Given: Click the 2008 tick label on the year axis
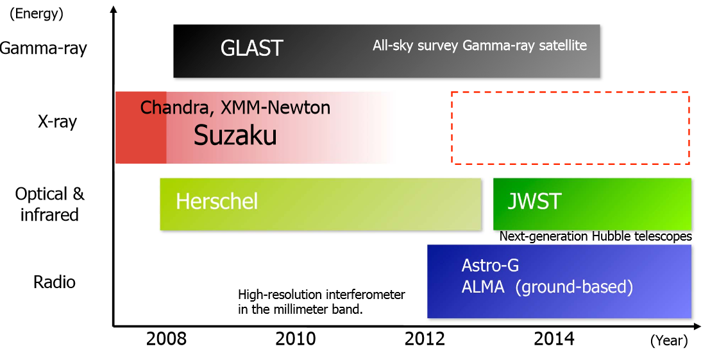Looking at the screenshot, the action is (165, 339).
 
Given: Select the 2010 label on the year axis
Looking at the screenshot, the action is (295, 339).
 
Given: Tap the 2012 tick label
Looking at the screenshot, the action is (425, 339).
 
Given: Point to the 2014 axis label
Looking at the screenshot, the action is (554, 339).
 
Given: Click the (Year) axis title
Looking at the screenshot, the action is (669, 341).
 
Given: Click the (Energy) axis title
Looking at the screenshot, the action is (36, 13).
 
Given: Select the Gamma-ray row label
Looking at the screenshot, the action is (44, 49).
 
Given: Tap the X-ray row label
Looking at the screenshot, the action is (58, 122).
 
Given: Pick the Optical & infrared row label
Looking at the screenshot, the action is (49, 204).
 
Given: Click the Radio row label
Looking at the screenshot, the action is (55, 282).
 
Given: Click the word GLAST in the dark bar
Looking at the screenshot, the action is (252, 48).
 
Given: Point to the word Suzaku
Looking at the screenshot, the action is (235, 135).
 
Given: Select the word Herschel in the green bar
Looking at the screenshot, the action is (217, 201).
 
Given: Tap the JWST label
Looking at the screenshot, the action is (534, 201).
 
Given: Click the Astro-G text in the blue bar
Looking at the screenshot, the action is (490, 266).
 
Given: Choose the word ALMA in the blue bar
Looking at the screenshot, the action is (483, 287).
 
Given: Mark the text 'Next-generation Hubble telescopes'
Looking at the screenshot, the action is (595, 236).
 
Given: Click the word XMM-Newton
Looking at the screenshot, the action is (275, 108).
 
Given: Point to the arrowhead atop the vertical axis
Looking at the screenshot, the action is (114, 9).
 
